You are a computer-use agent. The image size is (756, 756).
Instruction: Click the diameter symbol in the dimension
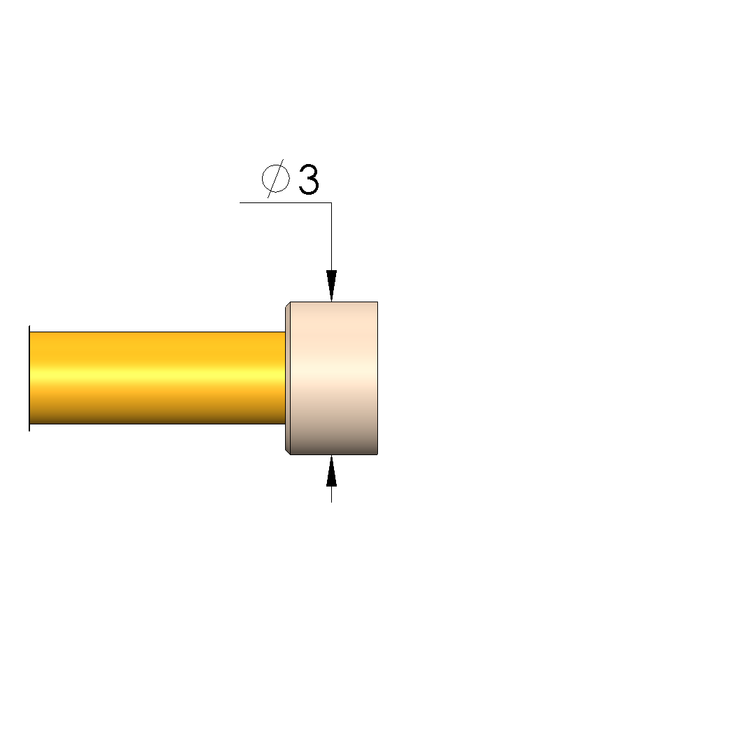276,179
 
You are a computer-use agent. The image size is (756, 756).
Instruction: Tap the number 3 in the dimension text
309,179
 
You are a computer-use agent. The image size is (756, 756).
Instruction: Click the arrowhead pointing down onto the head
331,286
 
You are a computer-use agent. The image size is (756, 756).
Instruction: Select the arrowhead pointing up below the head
331,470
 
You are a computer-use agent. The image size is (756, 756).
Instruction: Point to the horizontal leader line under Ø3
286,202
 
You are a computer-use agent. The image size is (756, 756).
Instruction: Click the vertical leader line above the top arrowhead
331,236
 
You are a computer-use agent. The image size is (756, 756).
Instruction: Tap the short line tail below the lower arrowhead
331,494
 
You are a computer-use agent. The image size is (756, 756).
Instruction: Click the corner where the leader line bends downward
331,202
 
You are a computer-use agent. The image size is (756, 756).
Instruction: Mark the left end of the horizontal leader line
240,202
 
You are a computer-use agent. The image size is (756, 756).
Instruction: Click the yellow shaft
157,378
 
